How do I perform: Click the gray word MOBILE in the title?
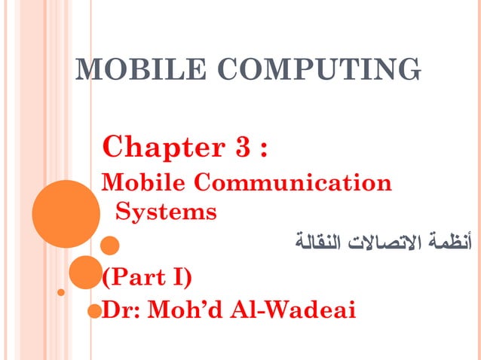point(130,70)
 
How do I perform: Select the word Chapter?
point(155,145)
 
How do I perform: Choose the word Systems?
point(166,212)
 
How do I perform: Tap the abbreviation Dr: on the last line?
point(121,310)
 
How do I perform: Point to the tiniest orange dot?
point(61,291)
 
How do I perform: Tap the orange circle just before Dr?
point(93,311)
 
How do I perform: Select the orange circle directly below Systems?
point(110,245)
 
